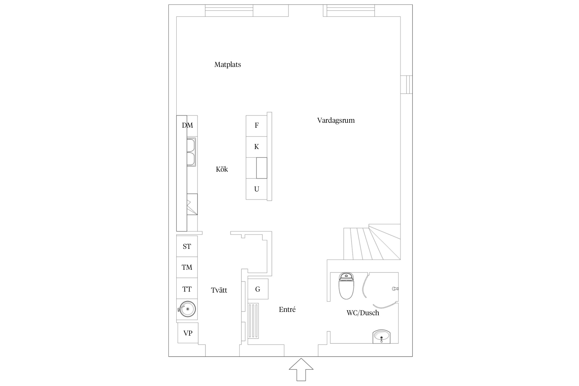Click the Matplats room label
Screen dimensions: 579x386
pos(227,64)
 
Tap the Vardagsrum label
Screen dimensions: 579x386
pos(336,120)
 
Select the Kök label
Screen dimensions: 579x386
pos(222,169)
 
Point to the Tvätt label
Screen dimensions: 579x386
pos(219,290)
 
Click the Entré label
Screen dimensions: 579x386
pos(287,309)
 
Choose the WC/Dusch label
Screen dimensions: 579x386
pos(363,313)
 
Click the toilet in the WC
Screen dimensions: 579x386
pos(346,286)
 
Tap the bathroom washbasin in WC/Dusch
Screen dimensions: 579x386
pos(382,336)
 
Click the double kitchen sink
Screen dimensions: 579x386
pos(191,152)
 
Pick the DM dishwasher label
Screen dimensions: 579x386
pos(187,125)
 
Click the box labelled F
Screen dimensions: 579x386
pos(257,126)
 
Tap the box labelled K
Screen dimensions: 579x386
pos(257,147)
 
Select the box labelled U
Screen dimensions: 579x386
pos(257,189)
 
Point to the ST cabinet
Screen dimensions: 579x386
pos(187,246)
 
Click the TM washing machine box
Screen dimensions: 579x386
pos(187,267)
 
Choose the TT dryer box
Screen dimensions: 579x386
pos(187,288)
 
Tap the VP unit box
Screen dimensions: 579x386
pos(188,333)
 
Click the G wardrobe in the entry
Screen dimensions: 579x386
pos(258,289)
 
